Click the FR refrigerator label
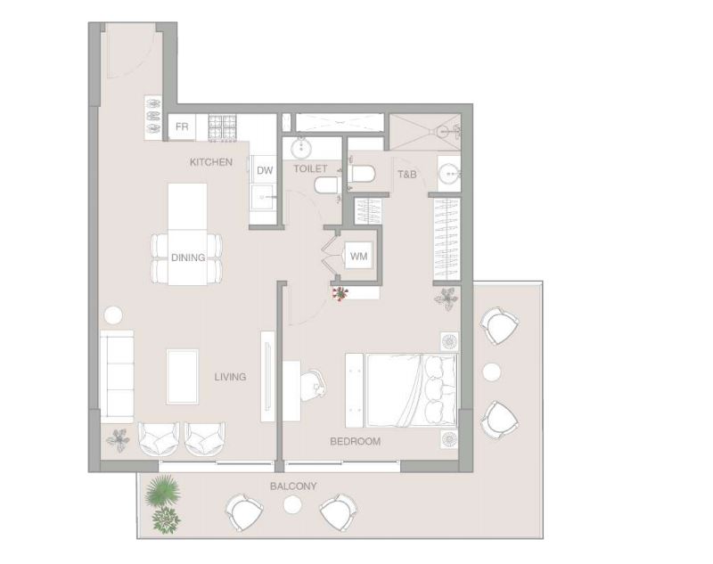pos(182,127)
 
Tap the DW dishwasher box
pos(265,170)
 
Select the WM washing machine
pos(359,256)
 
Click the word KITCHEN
pos(211,162)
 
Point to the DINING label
pos(188,257)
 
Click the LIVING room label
pos(230,377)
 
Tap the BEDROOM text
pos(355,441)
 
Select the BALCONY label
pos(293,486)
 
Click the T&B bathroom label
pos(407,174)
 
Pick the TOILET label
pos(310,168)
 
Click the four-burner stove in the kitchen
pos(222,127)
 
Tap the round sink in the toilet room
pos(300,147)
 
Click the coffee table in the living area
pos(183,376)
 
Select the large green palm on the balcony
pos(162,491)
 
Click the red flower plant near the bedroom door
pos(340,294)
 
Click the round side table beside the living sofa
pos(113,315)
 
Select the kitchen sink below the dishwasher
pos(262,197)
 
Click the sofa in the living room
pos(117,376)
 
